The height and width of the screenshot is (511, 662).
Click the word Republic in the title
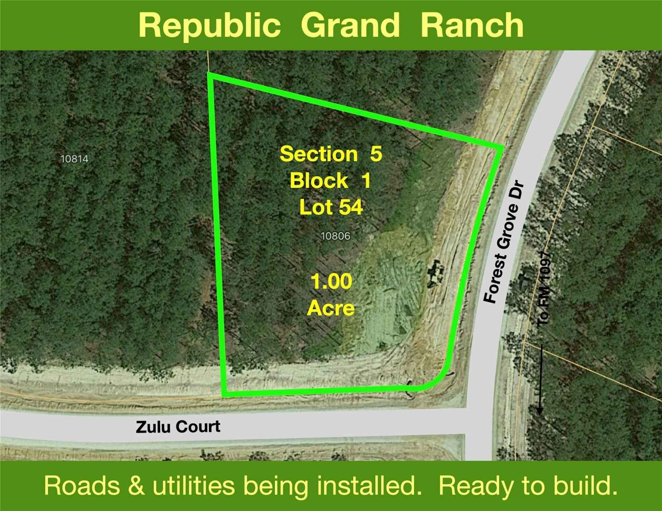pyautogui.click(x=209, y=26)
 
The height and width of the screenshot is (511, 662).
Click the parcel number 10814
pyautogui.click(x=75, y=159)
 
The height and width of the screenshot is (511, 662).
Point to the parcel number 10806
pyautogui.click(x=336, y=236)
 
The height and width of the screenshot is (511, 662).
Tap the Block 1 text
pyautogui.click(x=330, y=180)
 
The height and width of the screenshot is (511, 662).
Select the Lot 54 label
pyautogui.click(x=331, y=207)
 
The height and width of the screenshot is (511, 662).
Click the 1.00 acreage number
pyautogui.click(x=332, y=282)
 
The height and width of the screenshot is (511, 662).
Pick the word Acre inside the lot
pyautogui.click(x=331, y=308)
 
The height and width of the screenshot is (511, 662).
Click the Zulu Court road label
pyautogui.click(x=178, y=427)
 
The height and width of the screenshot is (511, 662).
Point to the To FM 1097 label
pyautogui.click(x=544, y=290)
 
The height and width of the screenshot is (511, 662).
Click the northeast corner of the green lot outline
pyautogui.click(x=501, y=148)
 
